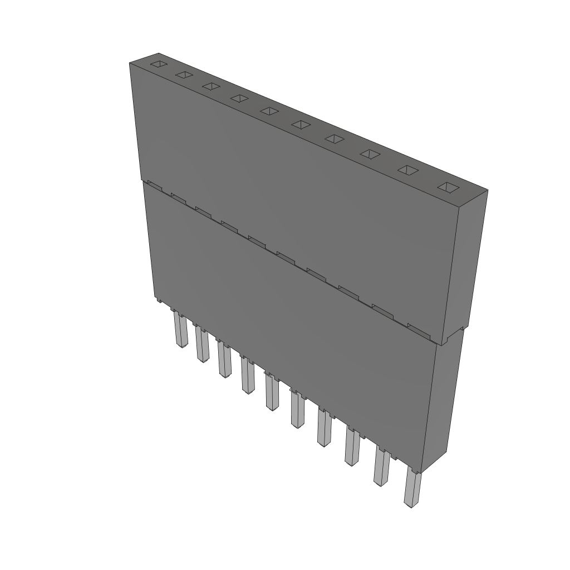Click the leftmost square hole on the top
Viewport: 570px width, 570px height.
pos(159,64)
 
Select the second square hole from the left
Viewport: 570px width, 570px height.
pos(184,75)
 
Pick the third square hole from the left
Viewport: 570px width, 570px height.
pos(210,86)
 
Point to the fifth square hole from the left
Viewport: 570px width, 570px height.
pos(269,111)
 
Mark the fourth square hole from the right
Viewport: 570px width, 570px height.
pos(333,139)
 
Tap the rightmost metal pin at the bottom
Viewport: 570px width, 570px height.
pos(412,490)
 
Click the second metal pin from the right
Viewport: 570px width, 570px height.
pos(381,468)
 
